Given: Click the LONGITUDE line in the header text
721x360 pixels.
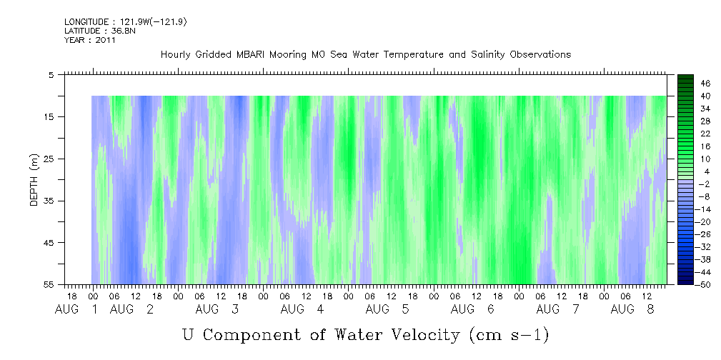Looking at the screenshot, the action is click(x=126, y=21).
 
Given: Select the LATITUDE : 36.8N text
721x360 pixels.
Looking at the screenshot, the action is click(x=100, y=31).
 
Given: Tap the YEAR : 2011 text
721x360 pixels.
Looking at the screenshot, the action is click(x=89, y=40).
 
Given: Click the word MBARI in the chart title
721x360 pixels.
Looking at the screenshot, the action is click(x=251, y=55).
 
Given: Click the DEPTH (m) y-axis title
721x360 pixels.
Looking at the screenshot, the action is click(x=34, y=180).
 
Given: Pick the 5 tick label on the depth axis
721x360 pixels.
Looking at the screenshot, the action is click(x=51, y=75).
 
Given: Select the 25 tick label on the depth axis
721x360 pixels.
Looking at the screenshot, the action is click(x=49, y=159).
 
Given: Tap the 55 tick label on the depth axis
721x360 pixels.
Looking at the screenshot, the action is click(x=49, y=284).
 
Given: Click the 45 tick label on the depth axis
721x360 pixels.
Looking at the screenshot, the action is click(x=49, y=243).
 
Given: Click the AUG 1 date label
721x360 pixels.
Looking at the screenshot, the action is click(x=76, y=309).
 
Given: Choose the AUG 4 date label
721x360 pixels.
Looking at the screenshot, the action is click(x=302, y=309).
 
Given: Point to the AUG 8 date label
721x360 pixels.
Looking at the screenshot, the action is click(x=632, y=309).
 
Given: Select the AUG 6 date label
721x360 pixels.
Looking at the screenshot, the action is click(x=472, y=309).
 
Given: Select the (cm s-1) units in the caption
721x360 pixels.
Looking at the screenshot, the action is click(x=509, y=336).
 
